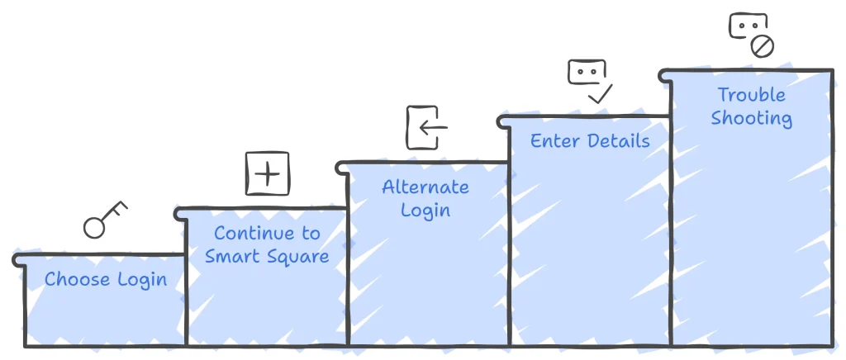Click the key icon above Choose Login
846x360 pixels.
click(105, 220)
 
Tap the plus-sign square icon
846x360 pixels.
click(267, 173)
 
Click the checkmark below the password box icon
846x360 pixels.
click(600, 94)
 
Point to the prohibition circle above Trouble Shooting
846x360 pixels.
click(763, 47)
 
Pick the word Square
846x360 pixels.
click(297, 257)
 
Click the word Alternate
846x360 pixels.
click(425, 187)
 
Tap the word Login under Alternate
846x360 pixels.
click(425, 211)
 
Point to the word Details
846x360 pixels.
click(617, 140)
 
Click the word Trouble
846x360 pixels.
click(751, 95)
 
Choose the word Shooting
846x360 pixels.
click(751, 119)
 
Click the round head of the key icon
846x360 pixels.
click(94, 228)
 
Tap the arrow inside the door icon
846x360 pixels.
click(433, 128)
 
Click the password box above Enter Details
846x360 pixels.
click(587, 72)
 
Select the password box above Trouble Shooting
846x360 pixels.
click(749, 26)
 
